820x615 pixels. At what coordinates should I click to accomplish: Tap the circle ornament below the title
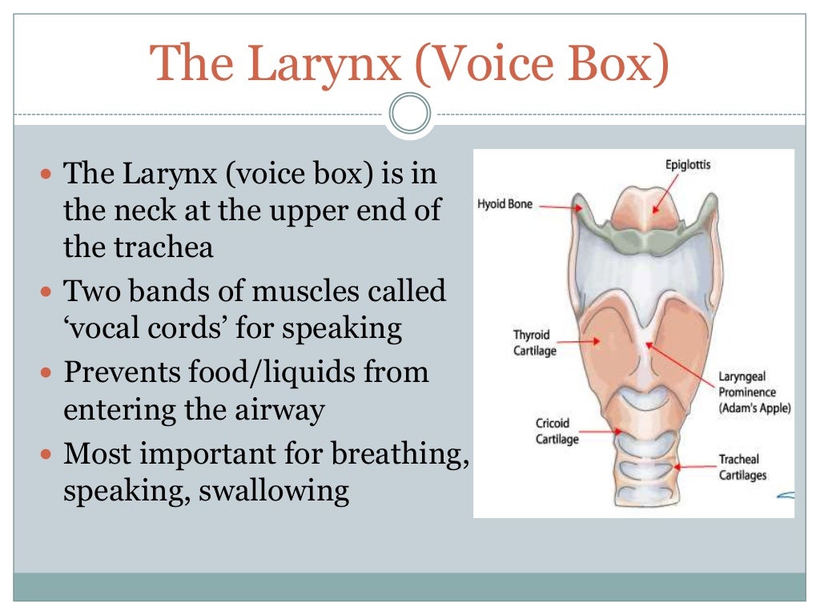[x=410, y=115]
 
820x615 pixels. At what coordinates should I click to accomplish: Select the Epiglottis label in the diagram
[x=688, y=165]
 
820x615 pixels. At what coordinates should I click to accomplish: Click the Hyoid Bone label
[x=505, y=204]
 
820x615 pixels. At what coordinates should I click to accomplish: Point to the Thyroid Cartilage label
[x=534, y=343]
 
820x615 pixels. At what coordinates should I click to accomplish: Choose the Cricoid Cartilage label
[x=557, y=431]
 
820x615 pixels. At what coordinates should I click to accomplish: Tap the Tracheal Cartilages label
[x=742, y=467]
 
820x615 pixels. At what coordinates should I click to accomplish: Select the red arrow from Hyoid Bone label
[x=561, y=206]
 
